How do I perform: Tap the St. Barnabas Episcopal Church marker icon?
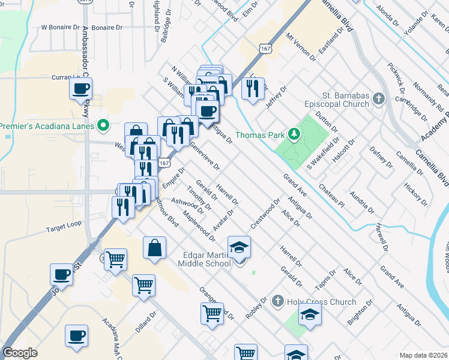coord(378,98)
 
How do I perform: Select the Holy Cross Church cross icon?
coord(277,301)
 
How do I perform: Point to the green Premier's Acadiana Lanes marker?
coord(103,126)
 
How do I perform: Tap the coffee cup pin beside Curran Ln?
coord(80,90)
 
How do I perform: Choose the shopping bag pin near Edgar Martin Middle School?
coord(154,248)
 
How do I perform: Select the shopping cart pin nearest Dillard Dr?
coord(144,286)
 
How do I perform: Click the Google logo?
coord(20,353)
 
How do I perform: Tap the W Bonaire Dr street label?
coord(60,28)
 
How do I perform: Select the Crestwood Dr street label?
coord(266,213)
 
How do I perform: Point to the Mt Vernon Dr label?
coord(301,46)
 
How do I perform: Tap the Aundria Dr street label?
coord(361,203)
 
